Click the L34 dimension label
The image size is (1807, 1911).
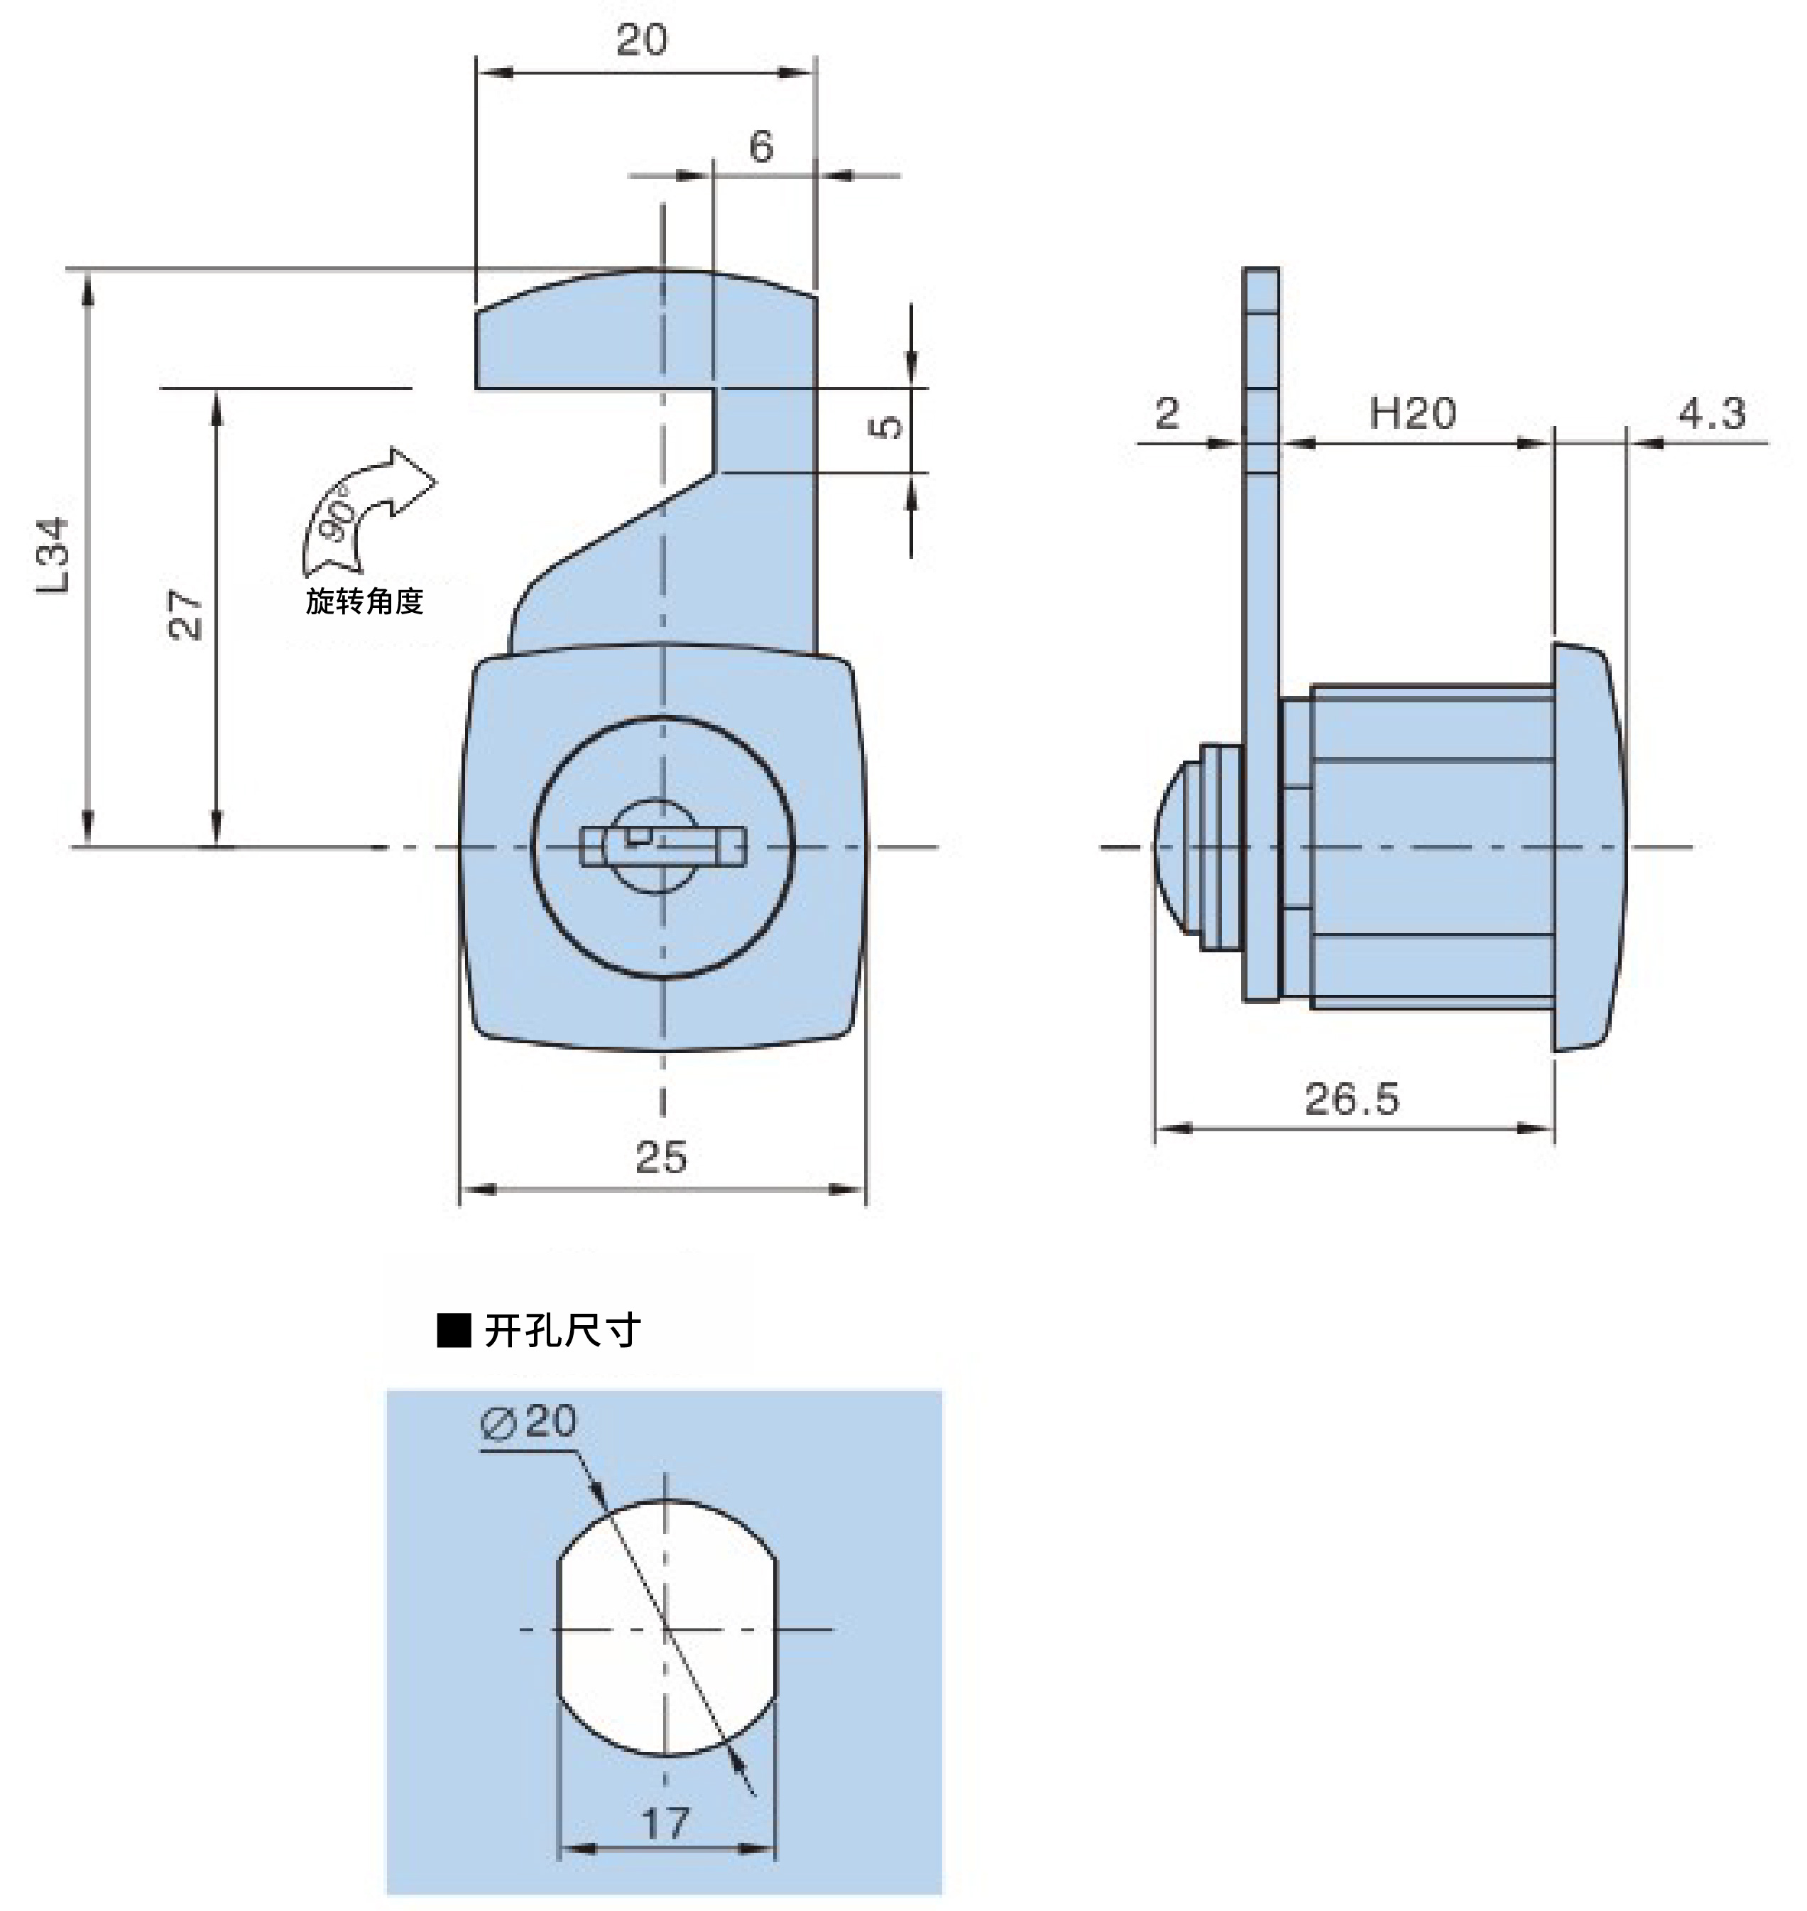coord(54,556)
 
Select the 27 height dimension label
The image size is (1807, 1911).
coord(186,614)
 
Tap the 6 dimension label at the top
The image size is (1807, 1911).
coord(761,146)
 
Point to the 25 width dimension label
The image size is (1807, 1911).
coord(661,1157)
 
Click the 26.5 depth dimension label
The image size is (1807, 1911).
coord(1351,1099)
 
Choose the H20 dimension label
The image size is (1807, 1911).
coord(1412,413)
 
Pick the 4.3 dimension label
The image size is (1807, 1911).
coord(1712,413)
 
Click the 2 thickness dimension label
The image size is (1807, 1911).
coord(1167,413)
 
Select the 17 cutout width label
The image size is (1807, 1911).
coord(665,1824)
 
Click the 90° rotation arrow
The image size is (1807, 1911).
coord(367,508)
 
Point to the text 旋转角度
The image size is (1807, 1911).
coord(365,601)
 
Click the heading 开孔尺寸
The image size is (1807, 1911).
coord(562,1330)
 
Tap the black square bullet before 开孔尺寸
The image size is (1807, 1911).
coord(454,1330)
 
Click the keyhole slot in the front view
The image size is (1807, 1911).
coord(664,846)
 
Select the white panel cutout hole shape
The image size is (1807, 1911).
coord(667,1629)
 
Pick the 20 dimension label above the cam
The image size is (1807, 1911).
coord(642,40)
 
